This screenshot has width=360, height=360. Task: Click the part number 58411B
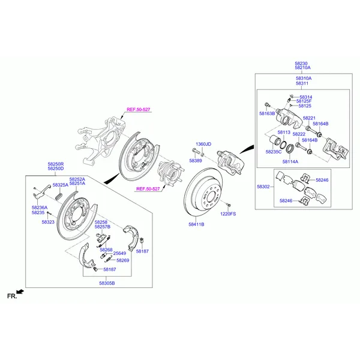(196, 224)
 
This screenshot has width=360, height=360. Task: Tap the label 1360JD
(203, 144)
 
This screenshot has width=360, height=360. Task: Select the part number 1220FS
(228, 214)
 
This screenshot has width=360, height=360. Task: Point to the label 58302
(263, 187)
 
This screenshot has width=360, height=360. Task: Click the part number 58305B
(107, 283)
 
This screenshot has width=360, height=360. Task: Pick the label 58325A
(61, 185)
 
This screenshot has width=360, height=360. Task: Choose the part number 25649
(119, 253)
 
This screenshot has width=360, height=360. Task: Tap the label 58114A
(290, 161)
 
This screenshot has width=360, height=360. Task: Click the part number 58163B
(267, 113)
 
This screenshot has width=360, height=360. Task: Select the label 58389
(196, 161)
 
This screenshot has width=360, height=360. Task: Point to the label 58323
(48, 222)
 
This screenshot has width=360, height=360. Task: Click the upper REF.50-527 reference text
(139, 110)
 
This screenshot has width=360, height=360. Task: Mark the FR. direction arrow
(20, 292)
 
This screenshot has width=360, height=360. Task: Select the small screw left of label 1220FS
(228, 205)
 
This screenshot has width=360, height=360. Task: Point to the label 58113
(284, 132)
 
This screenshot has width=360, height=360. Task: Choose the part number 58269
(123, 260)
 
